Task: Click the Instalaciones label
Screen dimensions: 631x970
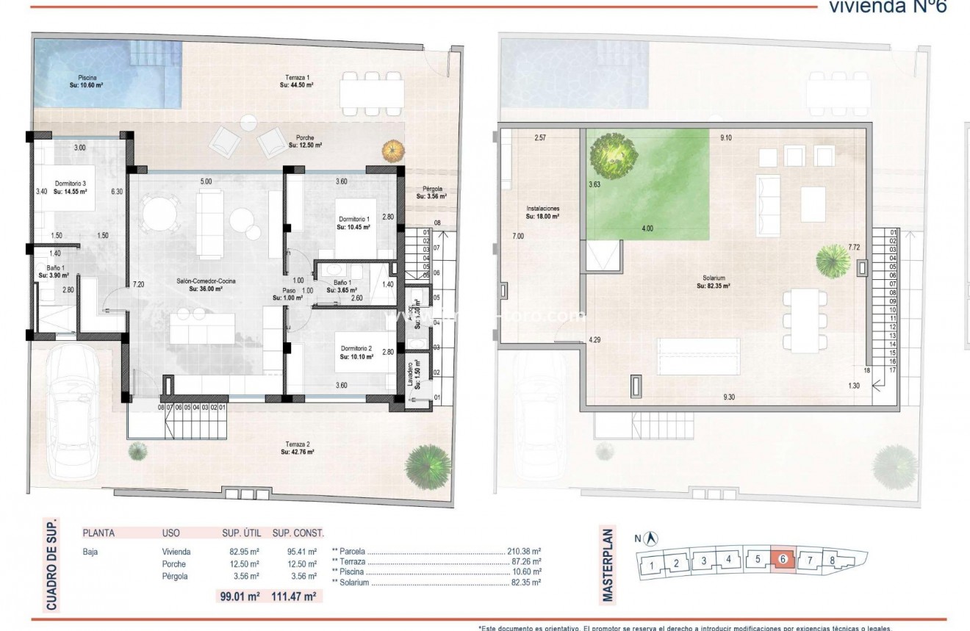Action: point(542,212)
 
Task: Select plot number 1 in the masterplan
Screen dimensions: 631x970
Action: point(651,565)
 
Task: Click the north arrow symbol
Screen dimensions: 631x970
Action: point(653,538)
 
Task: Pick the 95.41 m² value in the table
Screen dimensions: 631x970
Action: point(302,551)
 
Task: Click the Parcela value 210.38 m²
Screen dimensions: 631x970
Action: point(524,551)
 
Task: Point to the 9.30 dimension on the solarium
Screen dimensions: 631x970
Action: point(728,397)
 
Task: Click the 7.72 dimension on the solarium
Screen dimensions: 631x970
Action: point(854,248)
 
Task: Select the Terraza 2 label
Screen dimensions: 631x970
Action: point(297,448)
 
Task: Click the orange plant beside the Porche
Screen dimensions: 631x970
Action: point(390,151)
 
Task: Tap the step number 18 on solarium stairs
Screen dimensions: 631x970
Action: point(867,370)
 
